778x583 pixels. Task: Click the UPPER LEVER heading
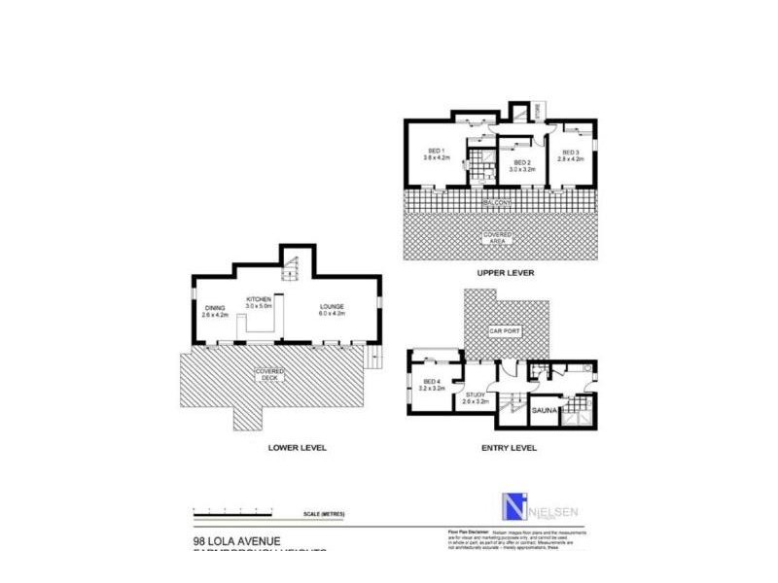pos(502,274)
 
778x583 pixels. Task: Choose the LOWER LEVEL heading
pos(298,448)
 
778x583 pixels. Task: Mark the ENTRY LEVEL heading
pos(508,448)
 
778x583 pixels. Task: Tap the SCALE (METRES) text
pos(325,513)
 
